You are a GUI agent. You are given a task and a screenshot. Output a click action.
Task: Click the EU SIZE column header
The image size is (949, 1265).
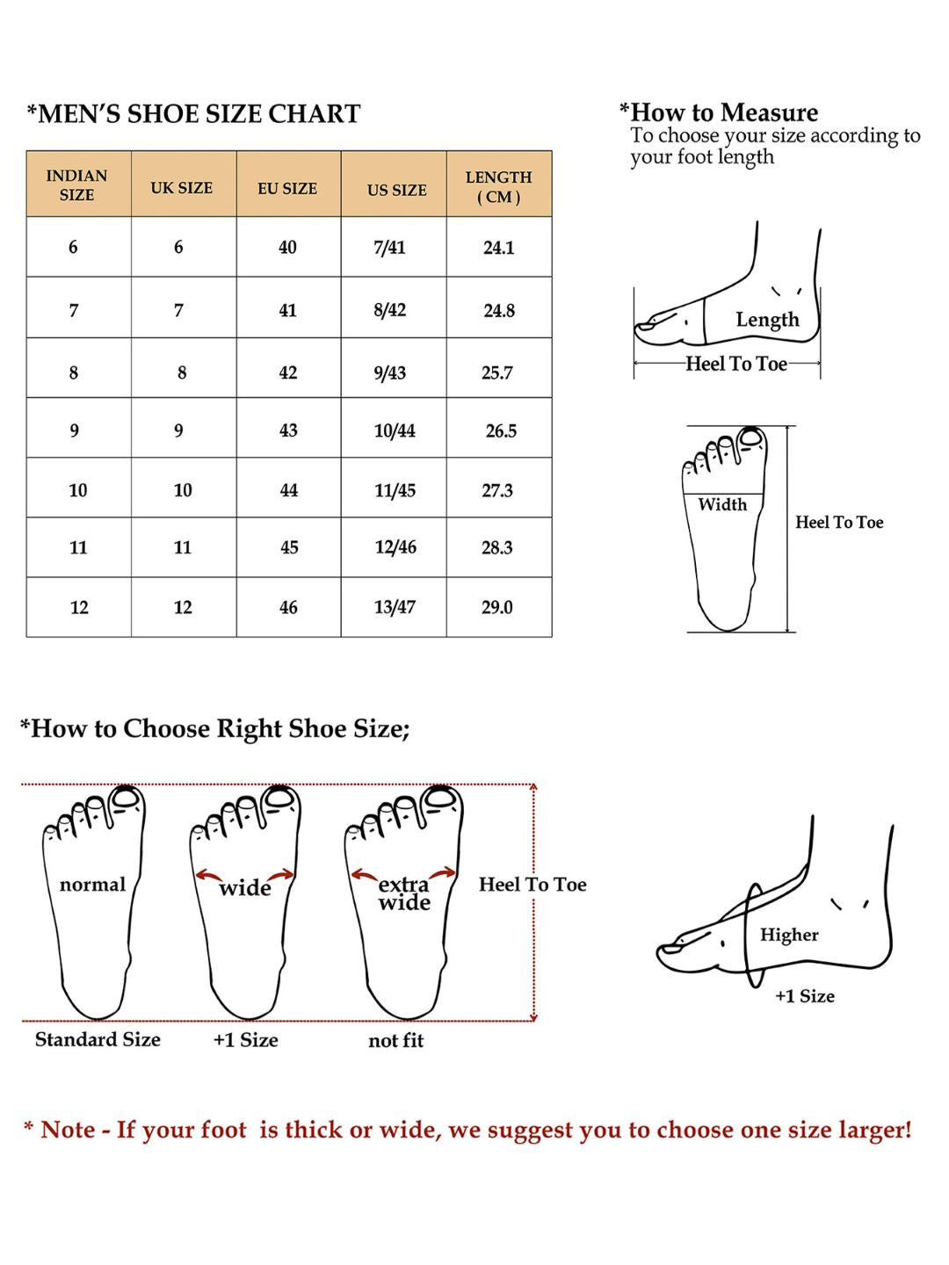[287, 188]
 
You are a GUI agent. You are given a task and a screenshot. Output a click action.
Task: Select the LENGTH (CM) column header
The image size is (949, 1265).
[498, 186]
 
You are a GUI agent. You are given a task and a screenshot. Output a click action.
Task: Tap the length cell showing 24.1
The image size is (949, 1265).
[498, 248]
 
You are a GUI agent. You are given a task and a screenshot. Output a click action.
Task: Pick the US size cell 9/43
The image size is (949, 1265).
[390, 372]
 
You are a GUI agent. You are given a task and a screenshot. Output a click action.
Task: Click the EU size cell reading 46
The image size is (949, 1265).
[288, 607]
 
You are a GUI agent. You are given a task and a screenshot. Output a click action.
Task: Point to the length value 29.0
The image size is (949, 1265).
[496, 607]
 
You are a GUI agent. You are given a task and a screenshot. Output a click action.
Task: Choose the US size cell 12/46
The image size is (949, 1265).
[395, 547]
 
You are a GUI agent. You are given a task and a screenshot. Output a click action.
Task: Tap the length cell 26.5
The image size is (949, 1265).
[501, 430]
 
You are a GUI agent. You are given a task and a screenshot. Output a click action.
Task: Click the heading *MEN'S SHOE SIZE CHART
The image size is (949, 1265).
[193, 114]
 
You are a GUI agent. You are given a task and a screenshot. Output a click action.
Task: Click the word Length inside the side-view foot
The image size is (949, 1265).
[767, 320]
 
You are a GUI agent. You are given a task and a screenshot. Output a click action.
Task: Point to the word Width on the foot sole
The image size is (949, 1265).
[722, 504]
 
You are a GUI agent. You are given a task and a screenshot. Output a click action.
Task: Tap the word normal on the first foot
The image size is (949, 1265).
[92, 885]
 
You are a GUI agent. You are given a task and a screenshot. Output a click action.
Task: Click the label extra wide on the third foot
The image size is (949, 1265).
[404, 893]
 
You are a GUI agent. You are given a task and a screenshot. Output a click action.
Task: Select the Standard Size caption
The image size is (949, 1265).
[98, 1040]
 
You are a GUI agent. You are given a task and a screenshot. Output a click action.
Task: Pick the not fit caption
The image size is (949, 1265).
[395, 1041]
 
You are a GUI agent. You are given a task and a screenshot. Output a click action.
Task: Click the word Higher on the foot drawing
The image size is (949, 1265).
[789, 935]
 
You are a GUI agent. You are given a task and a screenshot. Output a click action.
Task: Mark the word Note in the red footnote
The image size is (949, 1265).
[68, 1130]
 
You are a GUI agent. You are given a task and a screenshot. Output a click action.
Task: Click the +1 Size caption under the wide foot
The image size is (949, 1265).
[245, 1040]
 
